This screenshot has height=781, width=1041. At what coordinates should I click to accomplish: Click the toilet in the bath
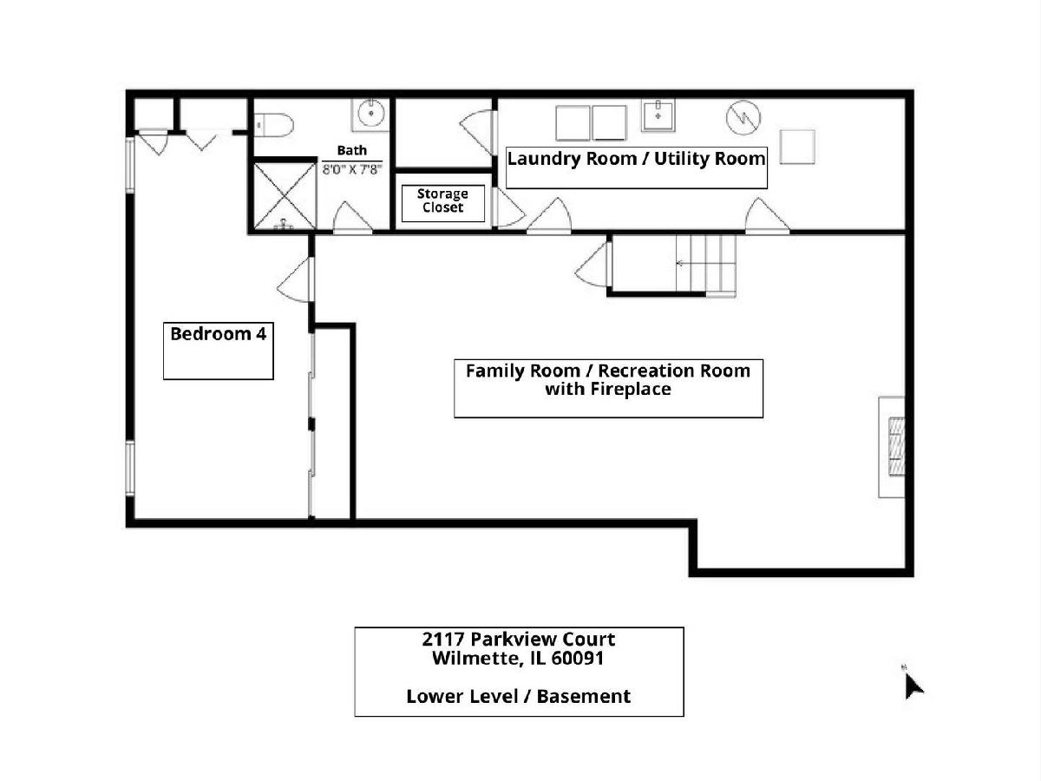[x=273, y=126]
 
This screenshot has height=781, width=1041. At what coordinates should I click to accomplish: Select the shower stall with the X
[x=285, y=196]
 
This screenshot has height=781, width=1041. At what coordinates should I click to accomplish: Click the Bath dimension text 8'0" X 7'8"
[x=352, y=169]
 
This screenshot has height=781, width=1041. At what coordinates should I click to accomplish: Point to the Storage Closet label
[x=443, y=200]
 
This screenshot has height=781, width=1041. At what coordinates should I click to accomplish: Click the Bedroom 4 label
[x=218, y=334]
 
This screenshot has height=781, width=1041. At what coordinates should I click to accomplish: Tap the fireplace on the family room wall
[x=892, y=447]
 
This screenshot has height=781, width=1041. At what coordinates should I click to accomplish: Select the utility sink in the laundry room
[x=658, y=115]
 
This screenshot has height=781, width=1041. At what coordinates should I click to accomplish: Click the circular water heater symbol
[x=743, y=117]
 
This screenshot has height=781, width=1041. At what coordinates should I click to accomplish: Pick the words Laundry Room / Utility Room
[x=636, y=159]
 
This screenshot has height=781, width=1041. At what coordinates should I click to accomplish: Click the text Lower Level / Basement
[x=519, y=697]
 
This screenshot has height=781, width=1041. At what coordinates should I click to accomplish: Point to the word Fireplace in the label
[x=632, y=390]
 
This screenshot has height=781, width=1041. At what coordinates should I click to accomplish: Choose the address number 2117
[x=443, y=640]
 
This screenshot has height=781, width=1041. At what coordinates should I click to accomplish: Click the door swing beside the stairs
[x=593, y=265]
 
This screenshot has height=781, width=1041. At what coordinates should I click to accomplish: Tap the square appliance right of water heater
[x=797, y=147]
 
